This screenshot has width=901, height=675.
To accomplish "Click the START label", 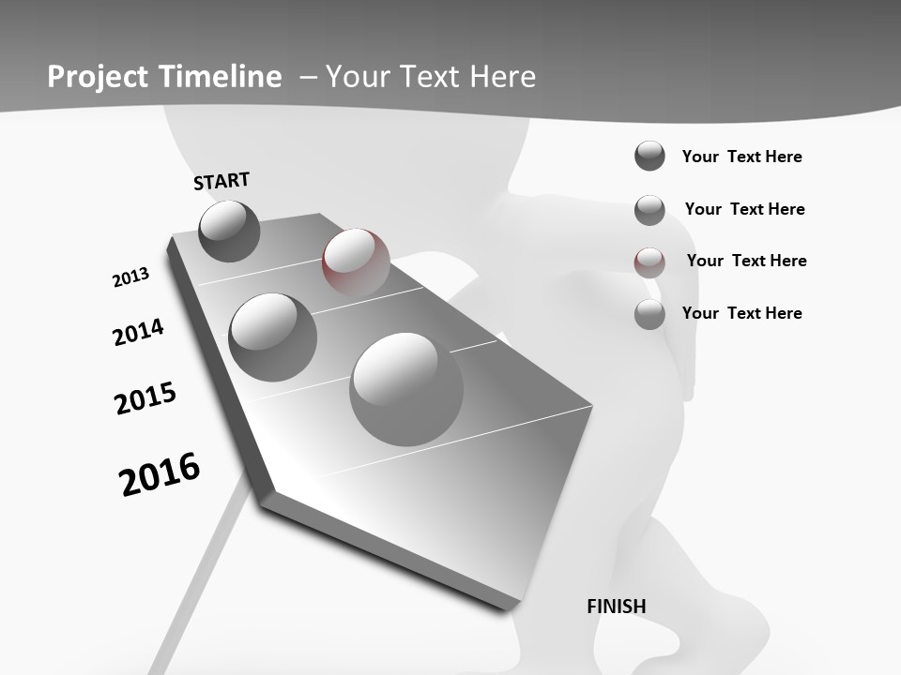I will point(221,181).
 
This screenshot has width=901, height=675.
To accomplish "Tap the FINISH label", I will point(616,607).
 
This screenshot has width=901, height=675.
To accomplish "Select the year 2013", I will point(130,277).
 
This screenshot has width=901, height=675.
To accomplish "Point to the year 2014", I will point(138,332).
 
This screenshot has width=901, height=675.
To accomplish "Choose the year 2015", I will point(145,398).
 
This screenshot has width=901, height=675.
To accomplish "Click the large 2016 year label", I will point(160,474).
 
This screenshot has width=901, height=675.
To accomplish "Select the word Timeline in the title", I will point(221,77).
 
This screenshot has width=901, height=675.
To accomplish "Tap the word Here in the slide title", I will point(503,77).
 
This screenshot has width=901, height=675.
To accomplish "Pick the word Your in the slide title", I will point(358,77).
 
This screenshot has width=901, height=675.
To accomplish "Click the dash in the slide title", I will point(308,77).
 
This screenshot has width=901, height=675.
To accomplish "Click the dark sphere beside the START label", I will point(229,231).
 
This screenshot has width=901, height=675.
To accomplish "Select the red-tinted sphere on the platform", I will point(356,261).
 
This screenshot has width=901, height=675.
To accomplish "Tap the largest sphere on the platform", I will point(405,388).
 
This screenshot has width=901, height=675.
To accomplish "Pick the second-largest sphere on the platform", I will point(273,337).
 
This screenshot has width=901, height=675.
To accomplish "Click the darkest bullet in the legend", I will point(649,157).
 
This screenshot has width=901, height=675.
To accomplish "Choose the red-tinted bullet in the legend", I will point(649,262).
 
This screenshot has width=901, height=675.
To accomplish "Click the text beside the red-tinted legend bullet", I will point(746,261).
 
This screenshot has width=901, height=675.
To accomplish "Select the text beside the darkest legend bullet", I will point(741,157).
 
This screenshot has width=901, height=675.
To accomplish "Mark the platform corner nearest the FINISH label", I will point(512,606).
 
